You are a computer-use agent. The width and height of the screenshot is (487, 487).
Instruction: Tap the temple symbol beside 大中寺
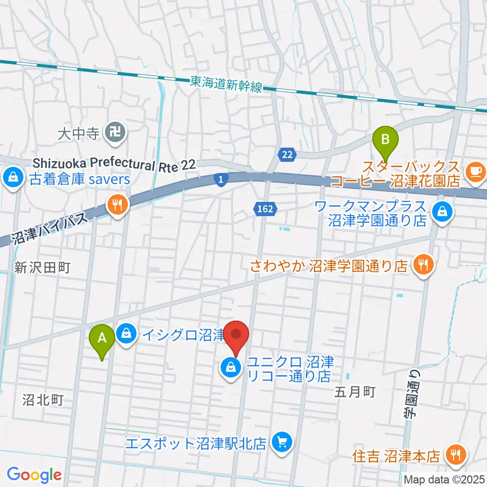coord(112,133)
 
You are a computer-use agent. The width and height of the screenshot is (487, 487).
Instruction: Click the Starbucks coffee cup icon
coord(476,171)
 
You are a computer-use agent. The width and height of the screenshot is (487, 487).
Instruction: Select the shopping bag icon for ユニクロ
coord(231,366)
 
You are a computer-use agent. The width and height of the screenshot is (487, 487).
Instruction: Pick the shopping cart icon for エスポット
coord(281,442)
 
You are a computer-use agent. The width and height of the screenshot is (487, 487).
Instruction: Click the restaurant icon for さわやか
coord(422,264)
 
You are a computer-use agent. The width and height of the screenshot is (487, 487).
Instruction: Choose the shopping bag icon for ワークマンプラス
coord(443,212)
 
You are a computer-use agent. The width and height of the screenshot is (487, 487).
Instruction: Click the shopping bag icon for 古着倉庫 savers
coord(11,178)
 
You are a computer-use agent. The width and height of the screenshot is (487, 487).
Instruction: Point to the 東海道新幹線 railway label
coord(226,84)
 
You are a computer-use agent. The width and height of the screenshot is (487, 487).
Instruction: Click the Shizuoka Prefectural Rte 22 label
coord(115,163)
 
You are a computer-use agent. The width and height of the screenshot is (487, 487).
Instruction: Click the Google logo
coord(34,475)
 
